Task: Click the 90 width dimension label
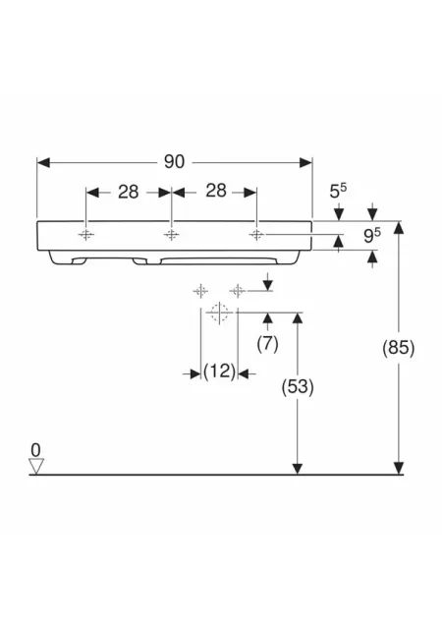tap(174, 161)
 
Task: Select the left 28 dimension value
tap(129, 193)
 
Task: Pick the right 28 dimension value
tap(216, 191)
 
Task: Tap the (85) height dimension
tap(398, 347)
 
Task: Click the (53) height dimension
tap(298, 387)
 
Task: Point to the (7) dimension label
tap(267, 344)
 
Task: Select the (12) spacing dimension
tap(219, 372)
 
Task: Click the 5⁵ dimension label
tap(338, 191)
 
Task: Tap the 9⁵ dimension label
tap(372, 236)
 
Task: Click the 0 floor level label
tap(35, 450)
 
